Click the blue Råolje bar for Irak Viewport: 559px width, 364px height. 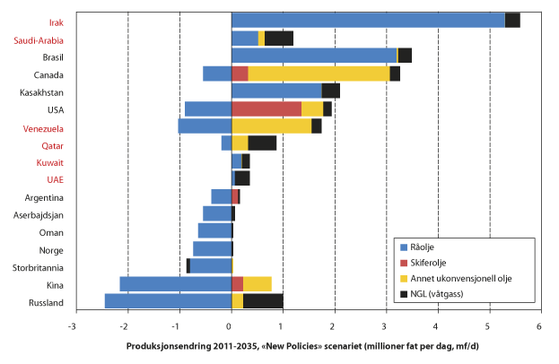click(x=368, y=21)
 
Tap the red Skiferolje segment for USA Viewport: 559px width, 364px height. click(x=266, y=108)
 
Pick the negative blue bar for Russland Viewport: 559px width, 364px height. click(x=168, y=301)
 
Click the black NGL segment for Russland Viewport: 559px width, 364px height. click(x=263, y=301)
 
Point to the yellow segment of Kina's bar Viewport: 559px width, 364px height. click(x=258, y=284)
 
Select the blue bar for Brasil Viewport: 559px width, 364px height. click(x=314, y=56)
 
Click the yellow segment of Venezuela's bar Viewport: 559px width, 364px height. click(x=271, y=126)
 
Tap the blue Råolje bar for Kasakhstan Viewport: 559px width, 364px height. click(x=276, y=91)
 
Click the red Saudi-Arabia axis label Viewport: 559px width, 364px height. click(x=39, y=40)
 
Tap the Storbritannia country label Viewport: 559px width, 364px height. click(x=36, y=267)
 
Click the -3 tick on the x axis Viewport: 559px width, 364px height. click(x=74, y=326)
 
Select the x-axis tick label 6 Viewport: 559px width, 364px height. click(x=539, y=326)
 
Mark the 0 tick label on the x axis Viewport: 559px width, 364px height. click(x=231, y=326)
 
